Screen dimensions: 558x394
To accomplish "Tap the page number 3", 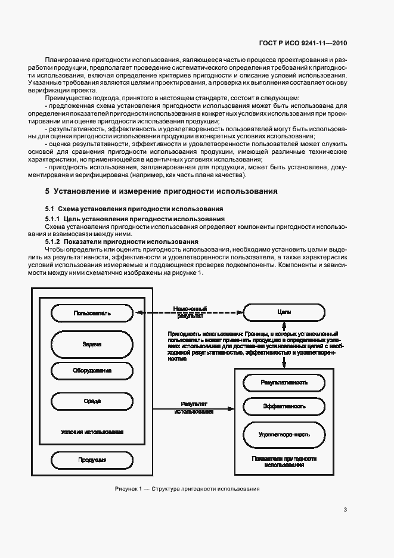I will tap(345, 510).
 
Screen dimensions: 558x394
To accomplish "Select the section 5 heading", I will tap(162, 192).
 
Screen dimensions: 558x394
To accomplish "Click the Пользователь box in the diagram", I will tap(91, 312).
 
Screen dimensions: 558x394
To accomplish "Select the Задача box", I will tap(91, 344).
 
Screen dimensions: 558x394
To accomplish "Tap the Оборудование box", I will tap(91, 371).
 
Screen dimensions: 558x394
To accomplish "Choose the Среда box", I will tap(91, 401).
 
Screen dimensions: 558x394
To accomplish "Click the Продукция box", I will tap(91, 460).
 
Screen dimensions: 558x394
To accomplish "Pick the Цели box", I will tap(284, 312).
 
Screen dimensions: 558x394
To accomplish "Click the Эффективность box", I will tap(284, 406).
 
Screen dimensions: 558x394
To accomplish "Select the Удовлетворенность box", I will tap(284, 435).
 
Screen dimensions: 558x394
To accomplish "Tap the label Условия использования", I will tap(92, 431).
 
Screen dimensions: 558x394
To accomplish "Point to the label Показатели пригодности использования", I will tap(284, 461).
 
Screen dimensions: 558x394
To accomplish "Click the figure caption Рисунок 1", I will tap(187, 489).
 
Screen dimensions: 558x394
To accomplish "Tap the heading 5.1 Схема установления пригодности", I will tap(134, 209).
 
